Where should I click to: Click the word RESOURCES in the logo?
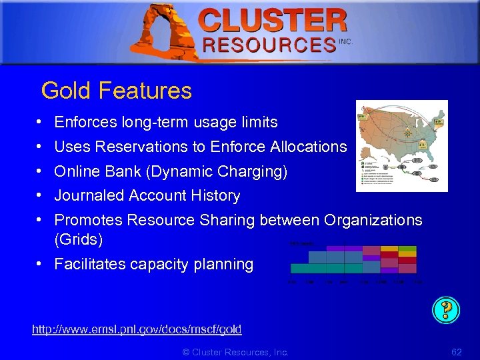[269, 45]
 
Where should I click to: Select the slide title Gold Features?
[117, 91]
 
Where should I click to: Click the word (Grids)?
[78, 238]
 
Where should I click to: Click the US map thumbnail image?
[401, 145]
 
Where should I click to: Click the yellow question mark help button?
[446, 309]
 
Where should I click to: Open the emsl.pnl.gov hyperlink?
[137, 329]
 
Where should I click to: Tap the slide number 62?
[456, 351]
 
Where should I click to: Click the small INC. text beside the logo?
[345, 41]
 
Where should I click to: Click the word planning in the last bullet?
[224, 264]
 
